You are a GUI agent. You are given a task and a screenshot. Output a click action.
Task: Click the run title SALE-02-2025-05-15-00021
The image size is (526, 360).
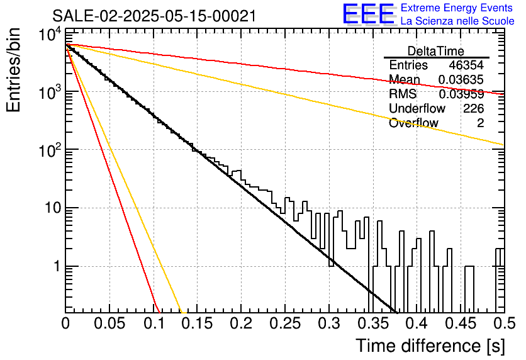coord(154,16)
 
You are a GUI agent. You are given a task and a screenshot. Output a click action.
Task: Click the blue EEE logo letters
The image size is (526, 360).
coord(369,14)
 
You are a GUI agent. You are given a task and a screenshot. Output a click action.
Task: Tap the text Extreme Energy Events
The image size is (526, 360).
coord(457,8)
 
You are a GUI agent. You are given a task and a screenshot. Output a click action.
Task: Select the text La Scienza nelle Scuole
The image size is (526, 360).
coord(457,21)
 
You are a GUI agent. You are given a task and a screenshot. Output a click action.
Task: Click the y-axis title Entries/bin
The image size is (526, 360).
coord(13,70)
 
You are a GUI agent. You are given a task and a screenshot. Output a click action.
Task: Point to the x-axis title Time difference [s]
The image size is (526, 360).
coord(430,346)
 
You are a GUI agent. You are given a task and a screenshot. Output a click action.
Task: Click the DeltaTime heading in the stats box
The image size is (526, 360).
coord(436,51)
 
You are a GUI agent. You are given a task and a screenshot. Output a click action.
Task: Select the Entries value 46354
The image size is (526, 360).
coord(466,65)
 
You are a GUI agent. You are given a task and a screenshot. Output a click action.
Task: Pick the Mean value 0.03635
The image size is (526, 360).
coord(461,79)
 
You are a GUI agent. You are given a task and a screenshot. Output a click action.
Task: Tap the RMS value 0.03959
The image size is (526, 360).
coord(461,94)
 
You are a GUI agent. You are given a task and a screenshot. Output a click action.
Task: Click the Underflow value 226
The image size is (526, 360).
coord(473,108)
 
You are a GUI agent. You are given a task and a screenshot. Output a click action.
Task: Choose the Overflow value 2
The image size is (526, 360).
coord(480,123)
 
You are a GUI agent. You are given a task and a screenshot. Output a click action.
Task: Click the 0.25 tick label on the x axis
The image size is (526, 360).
coord(285,323)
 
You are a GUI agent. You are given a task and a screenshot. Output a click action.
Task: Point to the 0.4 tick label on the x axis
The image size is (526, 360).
coord(417,323)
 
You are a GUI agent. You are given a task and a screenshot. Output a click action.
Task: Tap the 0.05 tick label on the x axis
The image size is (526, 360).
coord(109,323)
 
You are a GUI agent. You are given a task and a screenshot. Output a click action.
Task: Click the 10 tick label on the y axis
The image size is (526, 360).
coord(53,208)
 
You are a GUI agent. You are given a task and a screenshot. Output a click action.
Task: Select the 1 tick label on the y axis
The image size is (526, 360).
coord(57,266)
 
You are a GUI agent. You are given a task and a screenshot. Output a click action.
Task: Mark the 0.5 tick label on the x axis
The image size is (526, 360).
coord(504,323)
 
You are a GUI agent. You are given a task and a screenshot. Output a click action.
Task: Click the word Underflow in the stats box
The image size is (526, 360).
coord(417,108)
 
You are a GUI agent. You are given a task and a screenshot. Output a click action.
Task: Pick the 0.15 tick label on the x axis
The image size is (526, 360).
coord(197,323)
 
